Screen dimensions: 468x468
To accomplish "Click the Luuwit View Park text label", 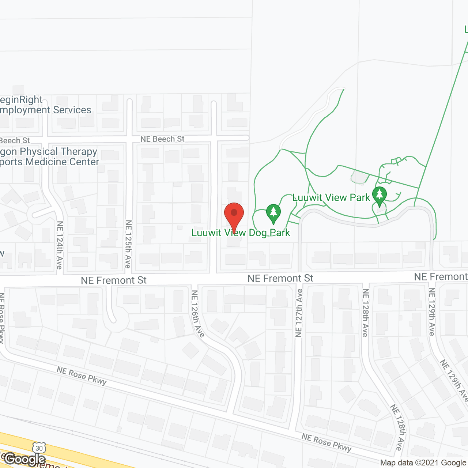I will [331, 198].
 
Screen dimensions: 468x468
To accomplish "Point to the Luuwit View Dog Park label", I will [241, 233].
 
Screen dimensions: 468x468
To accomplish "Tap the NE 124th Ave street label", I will [60, 245].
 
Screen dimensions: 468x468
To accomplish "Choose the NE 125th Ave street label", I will [128, 244].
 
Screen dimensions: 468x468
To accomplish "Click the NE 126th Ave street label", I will [198, 313].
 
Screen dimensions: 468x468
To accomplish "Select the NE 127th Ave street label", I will [299, 313].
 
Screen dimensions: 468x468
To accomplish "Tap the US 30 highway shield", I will [39, 448].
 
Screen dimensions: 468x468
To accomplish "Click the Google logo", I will [25, 459].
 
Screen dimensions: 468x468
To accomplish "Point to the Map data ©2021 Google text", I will [423, 463].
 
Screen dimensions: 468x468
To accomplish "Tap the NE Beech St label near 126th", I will [162, 139].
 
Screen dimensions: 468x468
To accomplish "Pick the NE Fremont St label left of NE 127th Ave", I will [280, 279].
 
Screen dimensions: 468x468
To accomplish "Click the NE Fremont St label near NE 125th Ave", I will [113, 280].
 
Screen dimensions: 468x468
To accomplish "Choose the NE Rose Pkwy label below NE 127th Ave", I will [326, 442].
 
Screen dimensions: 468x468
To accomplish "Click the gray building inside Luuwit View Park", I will [359, 177].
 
